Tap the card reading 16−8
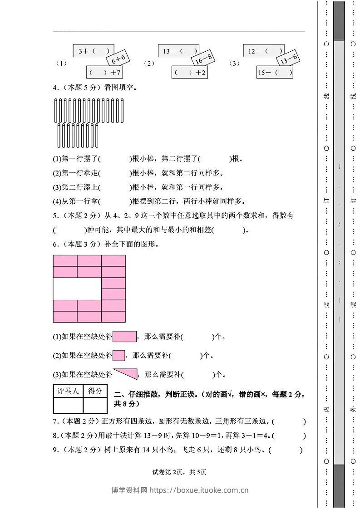tap(203, 59)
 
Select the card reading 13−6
tap(289, 59)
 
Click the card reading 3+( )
tap(90, 51)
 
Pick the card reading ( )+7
tap(104, 72)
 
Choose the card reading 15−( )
tap(275, 72)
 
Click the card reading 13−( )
tap(178, 51)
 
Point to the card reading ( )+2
tap(190, 72)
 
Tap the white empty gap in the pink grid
tap(77, 289)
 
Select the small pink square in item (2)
tap(119, 355)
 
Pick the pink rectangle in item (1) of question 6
tap(124, 337)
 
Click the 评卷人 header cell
tap(68, 391)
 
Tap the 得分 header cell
tap(95, 391)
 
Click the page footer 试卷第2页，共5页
tap(180, 472)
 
